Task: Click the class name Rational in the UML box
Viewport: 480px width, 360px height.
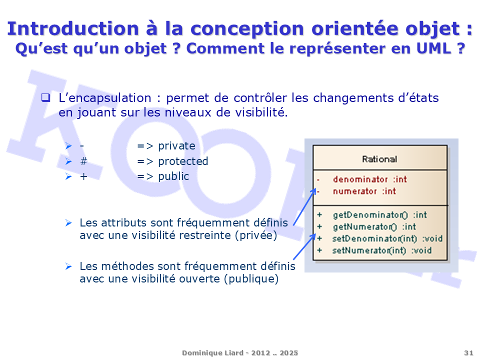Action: [x=379, y=159]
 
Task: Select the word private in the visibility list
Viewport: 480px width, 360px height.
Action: [x=176, y=146]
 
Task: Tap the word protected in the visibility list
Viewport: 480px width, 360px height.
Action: [x=183, y=161]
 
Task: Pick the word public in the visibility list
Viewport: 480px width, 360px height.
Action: [x=173, y=176]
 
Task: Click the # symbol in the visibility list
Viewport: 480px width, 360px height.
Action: [x=83, y=161]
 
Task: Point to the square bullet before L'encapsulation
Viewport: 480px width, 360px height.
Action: [x=45, y=97]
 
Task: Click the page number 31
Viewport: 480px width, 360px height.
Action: [x=468, y=353]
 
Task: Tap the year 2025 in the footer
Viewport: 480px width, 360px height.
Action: [x=288, y=353]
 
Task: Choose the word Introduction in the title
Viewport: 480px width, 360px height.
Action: [x=73, y=28]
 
